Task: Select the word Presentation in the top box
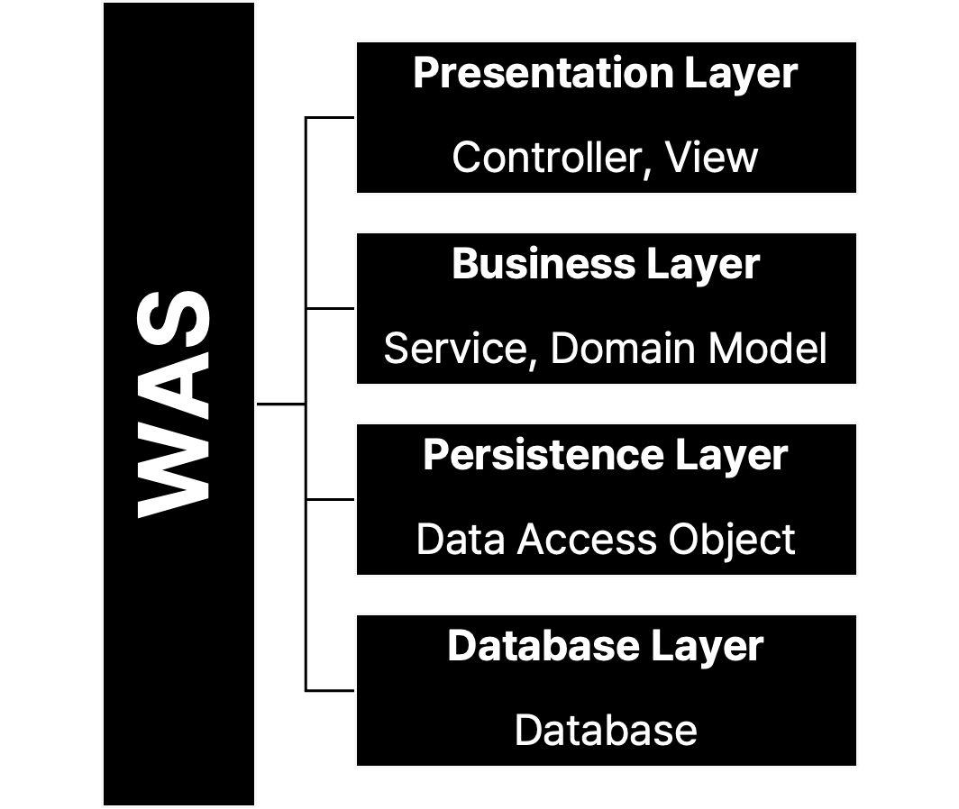(543, 73)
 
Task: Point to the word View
(711, 158)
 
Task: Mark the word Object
(732, 540)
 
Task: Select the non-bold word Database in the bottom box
(606, 731)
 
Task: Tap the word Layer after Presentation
(740, 73)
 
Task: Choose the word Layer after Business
(703, 264)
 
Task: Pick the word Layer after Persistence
(731, 455)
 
